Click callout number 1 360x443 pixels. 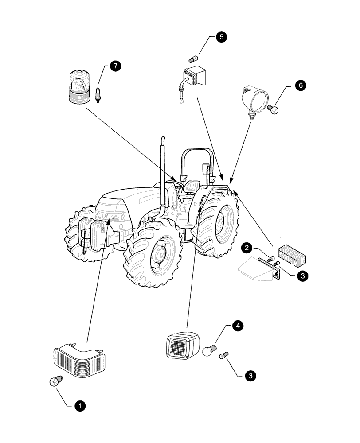tap(80, 405)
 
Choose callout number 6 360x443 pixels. tap(300, 86)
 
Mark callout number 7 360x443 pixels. tap(115, 66)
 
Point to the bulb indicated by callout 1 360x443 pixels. tap(56, 381)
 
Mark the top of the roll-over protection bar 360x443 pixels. tap(197, 149)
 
